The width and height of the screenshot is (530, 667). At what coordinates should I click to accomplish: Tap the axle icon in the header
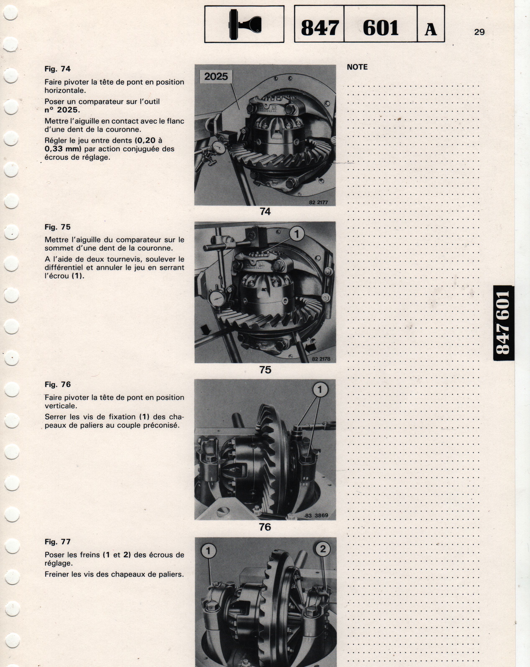245,24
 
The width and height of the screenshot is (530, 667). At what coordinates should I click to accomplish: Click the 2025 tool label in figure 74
216,76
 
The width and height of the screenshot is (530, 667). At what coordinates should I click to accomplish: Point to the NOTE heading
357,67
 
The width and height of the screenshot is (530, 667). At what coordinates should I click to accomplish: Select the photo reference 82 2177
318,202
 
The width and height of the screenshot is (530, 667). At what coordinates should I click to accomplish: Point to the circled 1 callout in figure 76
320,390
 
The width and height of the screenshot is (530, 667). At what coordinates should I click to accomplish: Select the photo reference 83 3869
316,516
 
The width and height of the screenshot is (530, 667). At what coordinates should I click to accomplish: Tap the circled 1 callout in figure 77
208,551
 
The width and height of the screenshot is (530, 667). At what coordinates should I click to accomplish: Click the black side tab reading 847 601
503,323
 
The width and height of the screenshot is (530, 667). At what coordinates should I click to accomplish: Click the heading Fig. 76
57,384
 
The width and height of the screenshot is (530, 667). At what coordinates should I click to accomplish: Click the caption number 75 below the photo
265,370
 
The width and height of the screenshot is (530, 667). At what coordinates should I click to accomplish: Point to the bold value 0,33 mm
63,149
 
